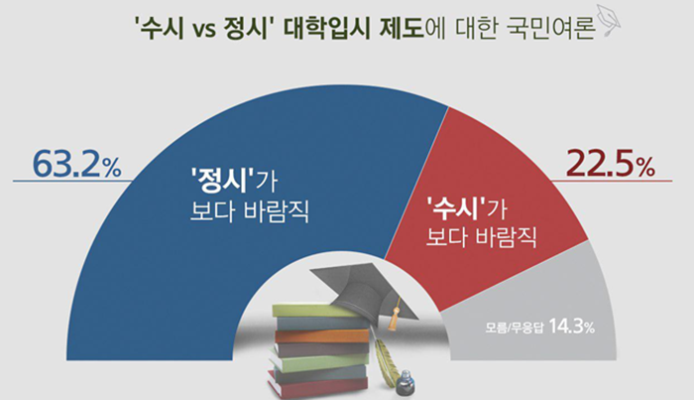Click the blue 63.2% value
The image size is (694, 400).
click(77, 164)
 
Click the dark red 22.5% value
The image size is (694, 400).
click(611, 164)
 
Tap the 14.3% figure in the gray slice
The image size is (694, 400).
click(572, 327)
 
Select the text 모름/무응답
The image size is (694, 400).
click(514, 329)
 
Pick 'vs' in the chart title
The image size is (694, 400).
click(204, 30)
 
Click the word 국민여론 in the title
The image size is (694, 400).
click(549, 29)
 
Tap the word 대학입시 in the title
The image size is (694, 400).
click(326, 29)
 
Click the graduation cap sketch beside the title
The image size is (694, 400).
click(609, 21)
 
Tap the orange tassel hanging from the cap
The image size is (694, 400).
click(393, 318)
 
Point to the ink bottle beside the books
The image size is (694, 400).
click(405, 383)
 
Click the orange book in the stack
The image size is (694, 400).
click(322, 336)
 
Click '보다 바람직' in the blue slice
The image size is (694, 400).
click(249, 211)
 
